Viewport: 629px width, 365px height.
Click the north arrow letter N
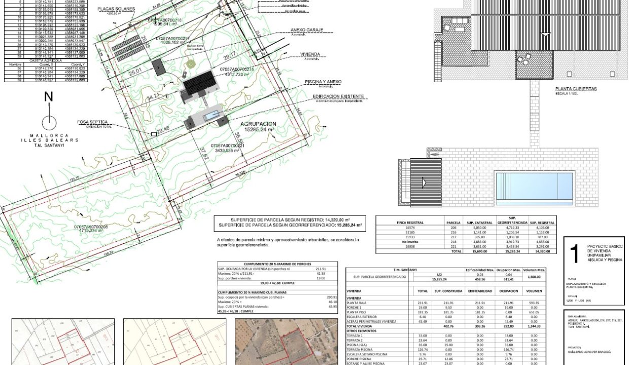click(49, 97)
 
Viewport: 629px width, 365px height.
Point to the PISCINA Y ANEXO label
click(323, 82)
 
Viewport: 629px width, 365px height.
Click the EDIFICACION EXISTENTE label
click(338, 96)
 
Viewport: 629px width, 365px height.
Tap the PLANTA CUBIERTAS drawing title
click(576, 89)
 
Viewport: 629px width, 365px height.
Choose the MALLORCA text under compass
click(49, 135)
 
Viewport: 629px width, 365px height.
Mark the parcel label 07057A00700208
click(93, 225)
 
